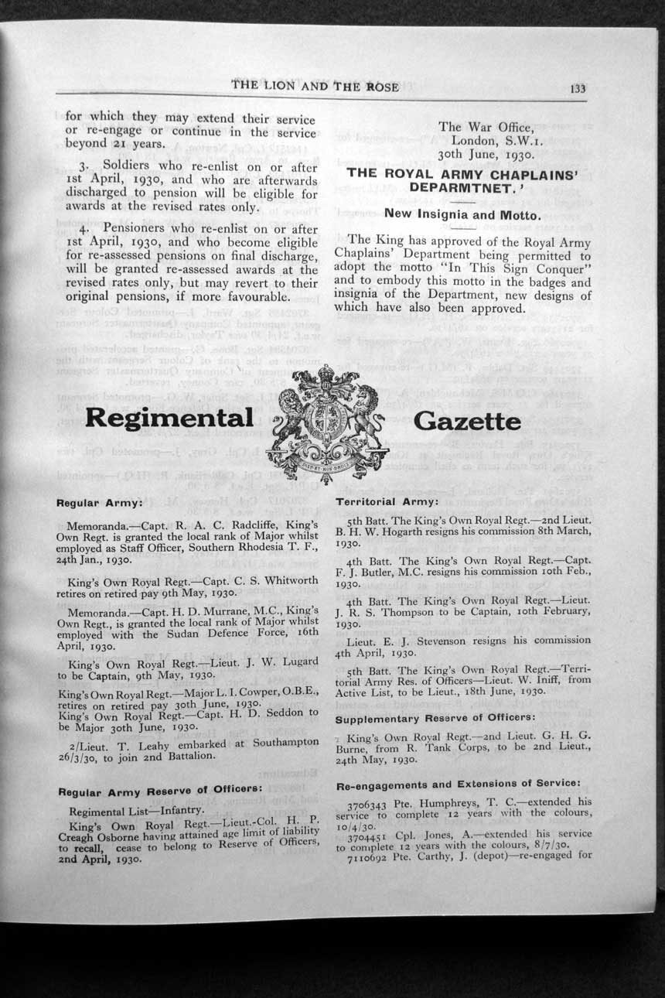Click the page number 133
point(578,88)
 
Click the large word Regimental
point(169,418)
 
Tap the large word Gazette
point(467,421)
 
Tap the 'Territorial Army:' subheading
point(387,502)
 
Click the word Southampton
point(278,742)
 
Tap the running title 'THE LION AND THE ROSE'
point(315,87)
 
